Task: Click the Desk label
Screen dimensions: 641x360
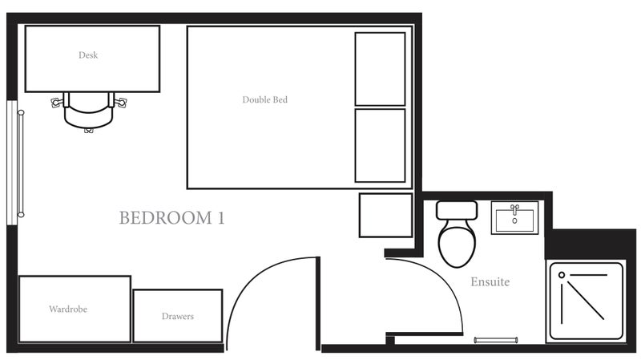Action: pyautogui.click(x=88, y=55)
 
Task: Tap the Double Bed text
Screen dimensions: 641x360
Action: pyautogui.click(x=265, y=99)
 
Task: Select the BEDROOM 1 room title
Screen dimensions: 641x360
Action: pyautogui.click(x=171, y=217)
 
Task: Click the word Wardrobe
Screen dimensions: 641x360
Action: pyautogui.click(x=68, y=309)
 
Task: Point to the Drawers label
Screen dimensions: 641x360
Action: pyautogui.click(x=178, y=316)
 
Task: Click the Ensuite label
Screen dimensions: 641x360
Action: pyautogui.click(x=490, y=282)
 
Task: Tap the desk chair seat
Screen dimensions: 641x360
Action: pyautogui.click(x=88, y=115)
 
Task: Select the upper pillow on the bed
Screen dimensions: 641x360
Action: pyautogui.click(x=380, y=69)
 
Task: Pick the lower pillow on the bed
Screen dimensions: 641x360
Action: pyautogui.click(x=380, y=145)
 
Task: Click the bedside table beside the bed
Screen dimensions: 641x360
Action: pyautogui.click(x=386, y=215)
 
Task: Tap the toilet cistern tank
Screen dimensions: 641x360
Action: pyautogui.click(x=457, y=210)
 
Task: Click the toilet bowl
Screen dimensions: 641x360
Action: pyautogui.click(x=457, y=245)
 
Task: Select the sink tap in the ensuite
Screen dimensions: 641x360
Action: pyautogui.click(x=514, y=208)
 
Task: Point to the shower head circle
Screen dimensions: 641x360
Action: pyautogui.click(x=562, y=275)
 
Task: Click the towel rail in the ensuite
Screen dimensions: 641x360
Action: pyautogui.click(x=496, y=340)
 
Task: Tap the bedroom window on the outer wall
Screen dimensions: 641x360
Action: pyautogui.click(x=12, y=163)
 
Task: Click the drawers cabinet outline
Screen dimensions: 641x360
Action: pyautogui.click(x=178, y=316)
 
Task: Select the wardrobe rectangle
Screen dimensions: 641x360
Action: pyautogui.click(x=75, y=309)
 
